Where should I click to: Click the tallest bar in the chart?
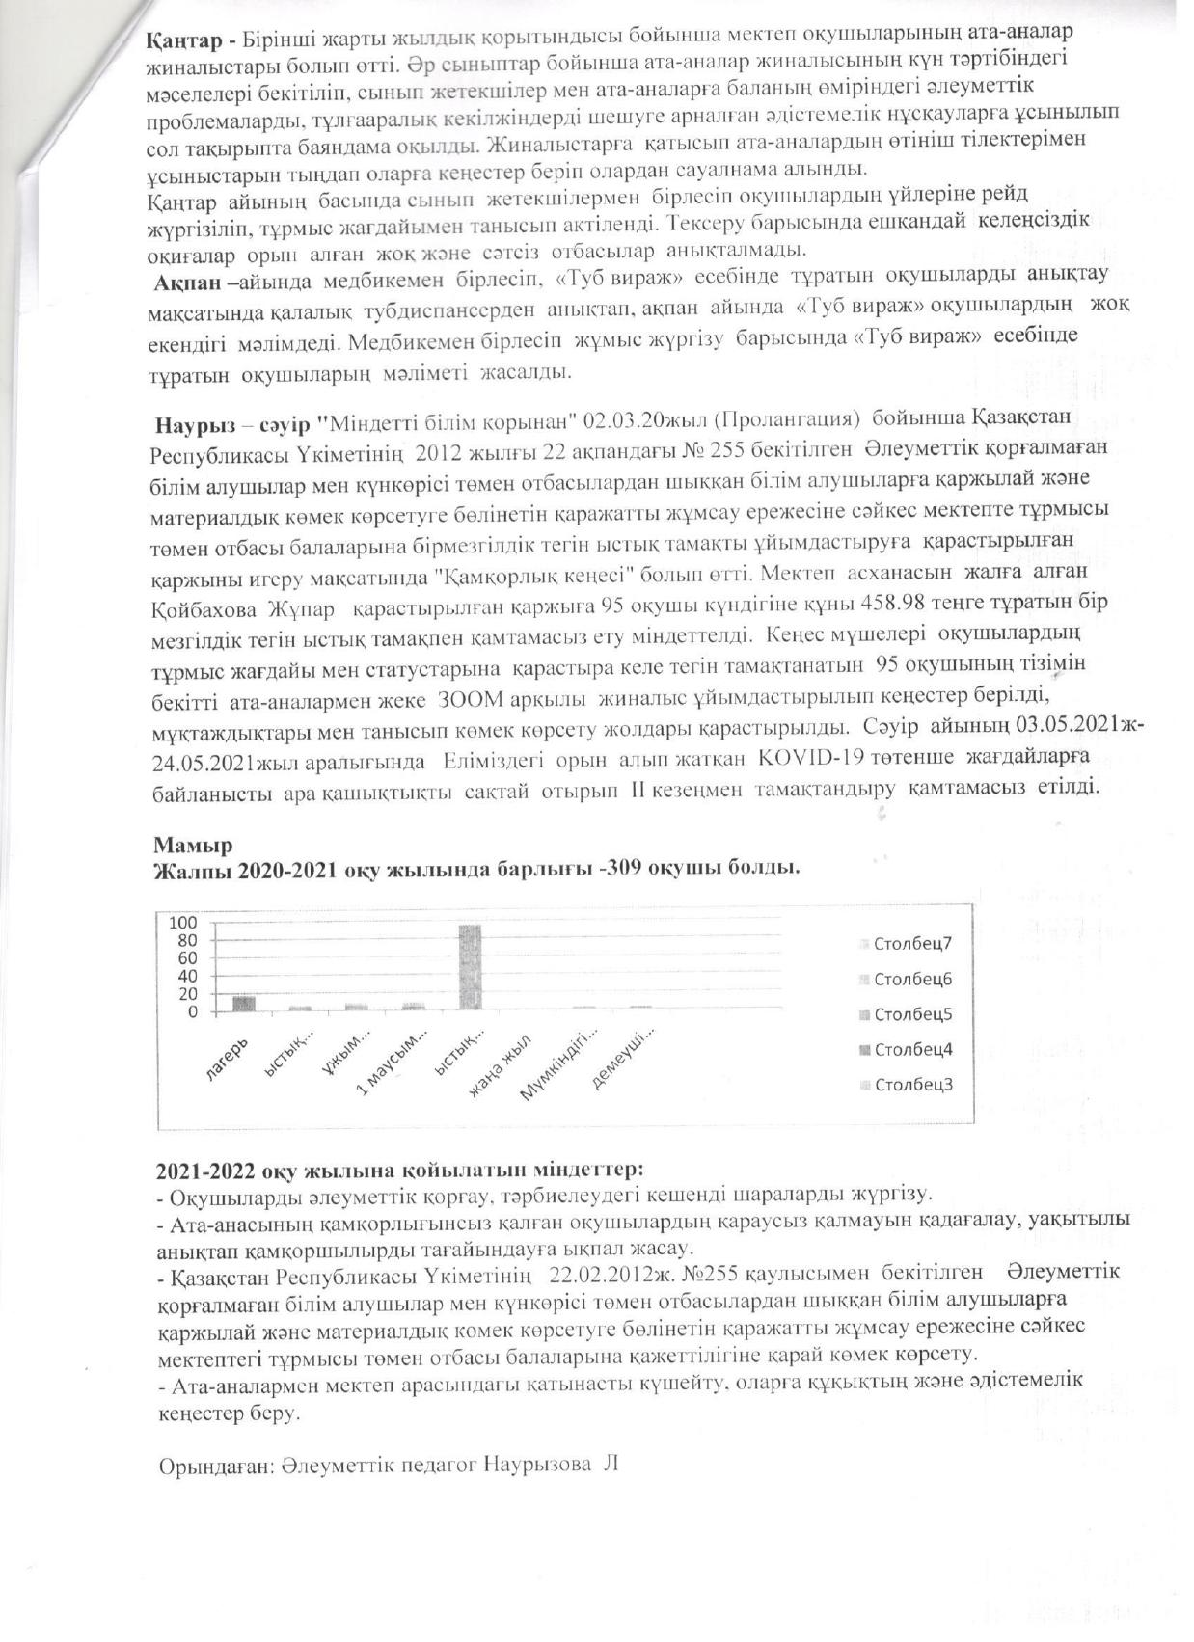tap(470, 966)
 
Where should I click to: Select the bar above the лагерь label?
tap(243, 1003)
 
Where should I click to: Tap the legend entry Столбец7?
tap(911, 943)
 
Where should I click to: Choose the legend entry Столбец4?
tap(911, 1049)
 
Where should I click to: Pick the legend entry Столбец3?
tap(911, 1084)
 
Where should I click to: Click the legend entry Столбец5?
tap(911, 1013)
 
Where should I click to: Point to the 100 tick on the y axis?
tap(184, 923)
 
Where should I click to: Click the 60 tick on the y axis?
tap(187, 958)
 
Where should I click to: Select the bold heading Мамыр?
tap(192, 846)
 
